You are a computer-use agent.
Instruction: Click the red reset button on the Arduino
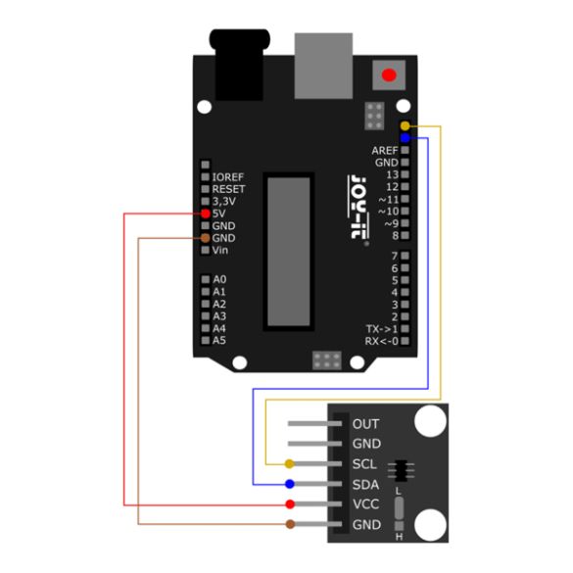point(389,74)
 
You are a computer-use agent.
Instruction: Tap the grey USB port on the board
point(323,66)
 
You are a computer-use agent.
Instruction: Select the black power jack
point(239,65)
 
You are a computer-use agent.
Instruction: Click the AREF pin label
point(384,150)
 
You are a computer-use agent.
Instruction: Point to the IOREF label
point(227,177)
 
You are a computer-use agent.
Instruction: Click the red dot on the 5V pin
point(206,214)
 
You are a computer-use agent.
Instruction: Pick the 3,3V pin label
point(224,202)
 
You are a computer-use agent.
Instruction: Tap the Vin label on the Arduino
point(220,251)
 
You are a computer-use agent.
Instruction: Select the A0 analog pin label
point(219,279)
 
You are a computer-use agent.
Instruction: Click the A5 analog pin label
point(219,341)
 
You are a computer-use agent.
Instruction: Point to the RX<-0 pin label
point(382,341)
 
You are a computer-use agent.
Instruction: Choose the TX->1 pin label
point(382,329)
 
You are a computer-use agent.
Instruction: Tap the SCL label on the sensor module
point(364,464)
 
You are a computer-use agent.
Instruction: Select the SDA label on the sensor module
point(365,485)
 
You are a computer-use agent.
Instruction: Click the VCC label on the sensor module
point(365,504)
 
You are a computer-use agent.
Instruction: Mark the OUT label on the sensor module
point(365,424)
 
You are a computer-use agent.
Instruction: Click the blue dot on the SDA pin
point(290,484)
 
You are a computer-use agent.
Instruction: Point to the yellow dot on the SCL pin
point(289,464)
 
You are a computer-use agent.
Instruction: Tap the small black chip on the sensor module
point(401,470)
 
